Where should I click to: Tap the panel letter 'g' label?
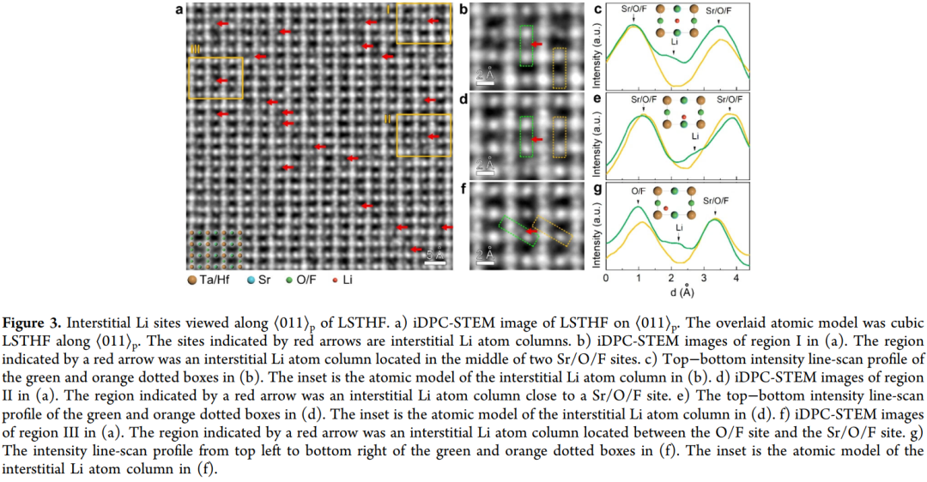tap(597, 190)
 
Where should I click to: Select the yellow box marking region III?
tap(215, 57)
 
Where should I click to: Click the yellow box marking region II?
tap(424, 115)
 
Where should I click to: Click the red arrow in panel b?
tap(536, 45)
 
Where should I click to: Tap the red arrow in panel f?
tap(531, 231)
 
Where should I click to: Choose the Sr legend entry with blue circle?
tap(258, 280)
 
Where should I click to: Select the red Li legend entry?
tap(342, 280)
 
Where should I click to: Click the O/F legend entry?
tap(300, 280)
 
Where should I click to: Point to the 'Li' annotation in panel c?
tap(674, 42)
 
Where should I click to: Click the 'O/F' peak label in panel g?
tap(638, 191)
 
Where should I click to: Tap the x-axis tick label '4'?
tap(736, 278)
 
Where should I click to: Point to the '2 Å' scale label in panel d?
tap(485, 164)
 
